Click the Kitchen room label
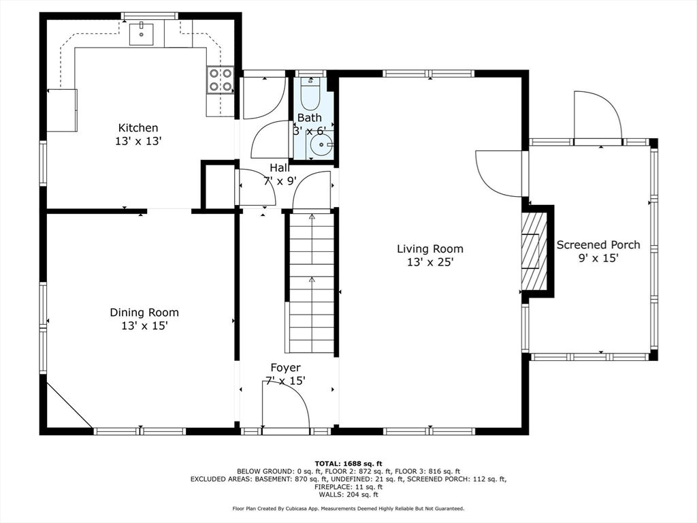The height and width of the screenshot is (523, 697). coord(137,128)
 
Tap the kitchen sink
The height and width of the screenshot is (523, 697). coord(142,34)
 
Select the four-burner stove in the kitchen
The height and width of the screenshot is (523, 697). coord(221,80)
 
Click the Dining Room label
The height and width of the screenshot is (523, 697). coord(144,313)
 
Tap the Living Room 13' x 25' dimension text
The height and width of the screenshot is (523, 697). coord(430,262)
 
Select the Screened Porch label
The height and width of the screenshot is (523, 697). coord(598,244)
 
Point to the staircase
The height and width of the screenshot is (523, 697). coord(311,283)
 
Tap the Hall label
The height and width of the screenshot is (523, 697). coord(280,168)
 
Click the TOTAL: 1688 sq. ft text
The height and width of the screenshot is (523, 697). coord(348,463)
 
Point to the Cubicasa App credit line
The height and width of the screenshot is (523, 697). coord(348,508)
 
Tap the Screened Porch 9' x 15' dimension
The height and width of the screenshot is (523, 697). coord(598,258)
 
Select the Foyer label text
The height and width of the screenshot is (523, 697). coord(285,368)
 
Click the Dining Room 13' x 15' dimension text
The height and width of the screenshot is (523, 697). coord(144,326)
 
